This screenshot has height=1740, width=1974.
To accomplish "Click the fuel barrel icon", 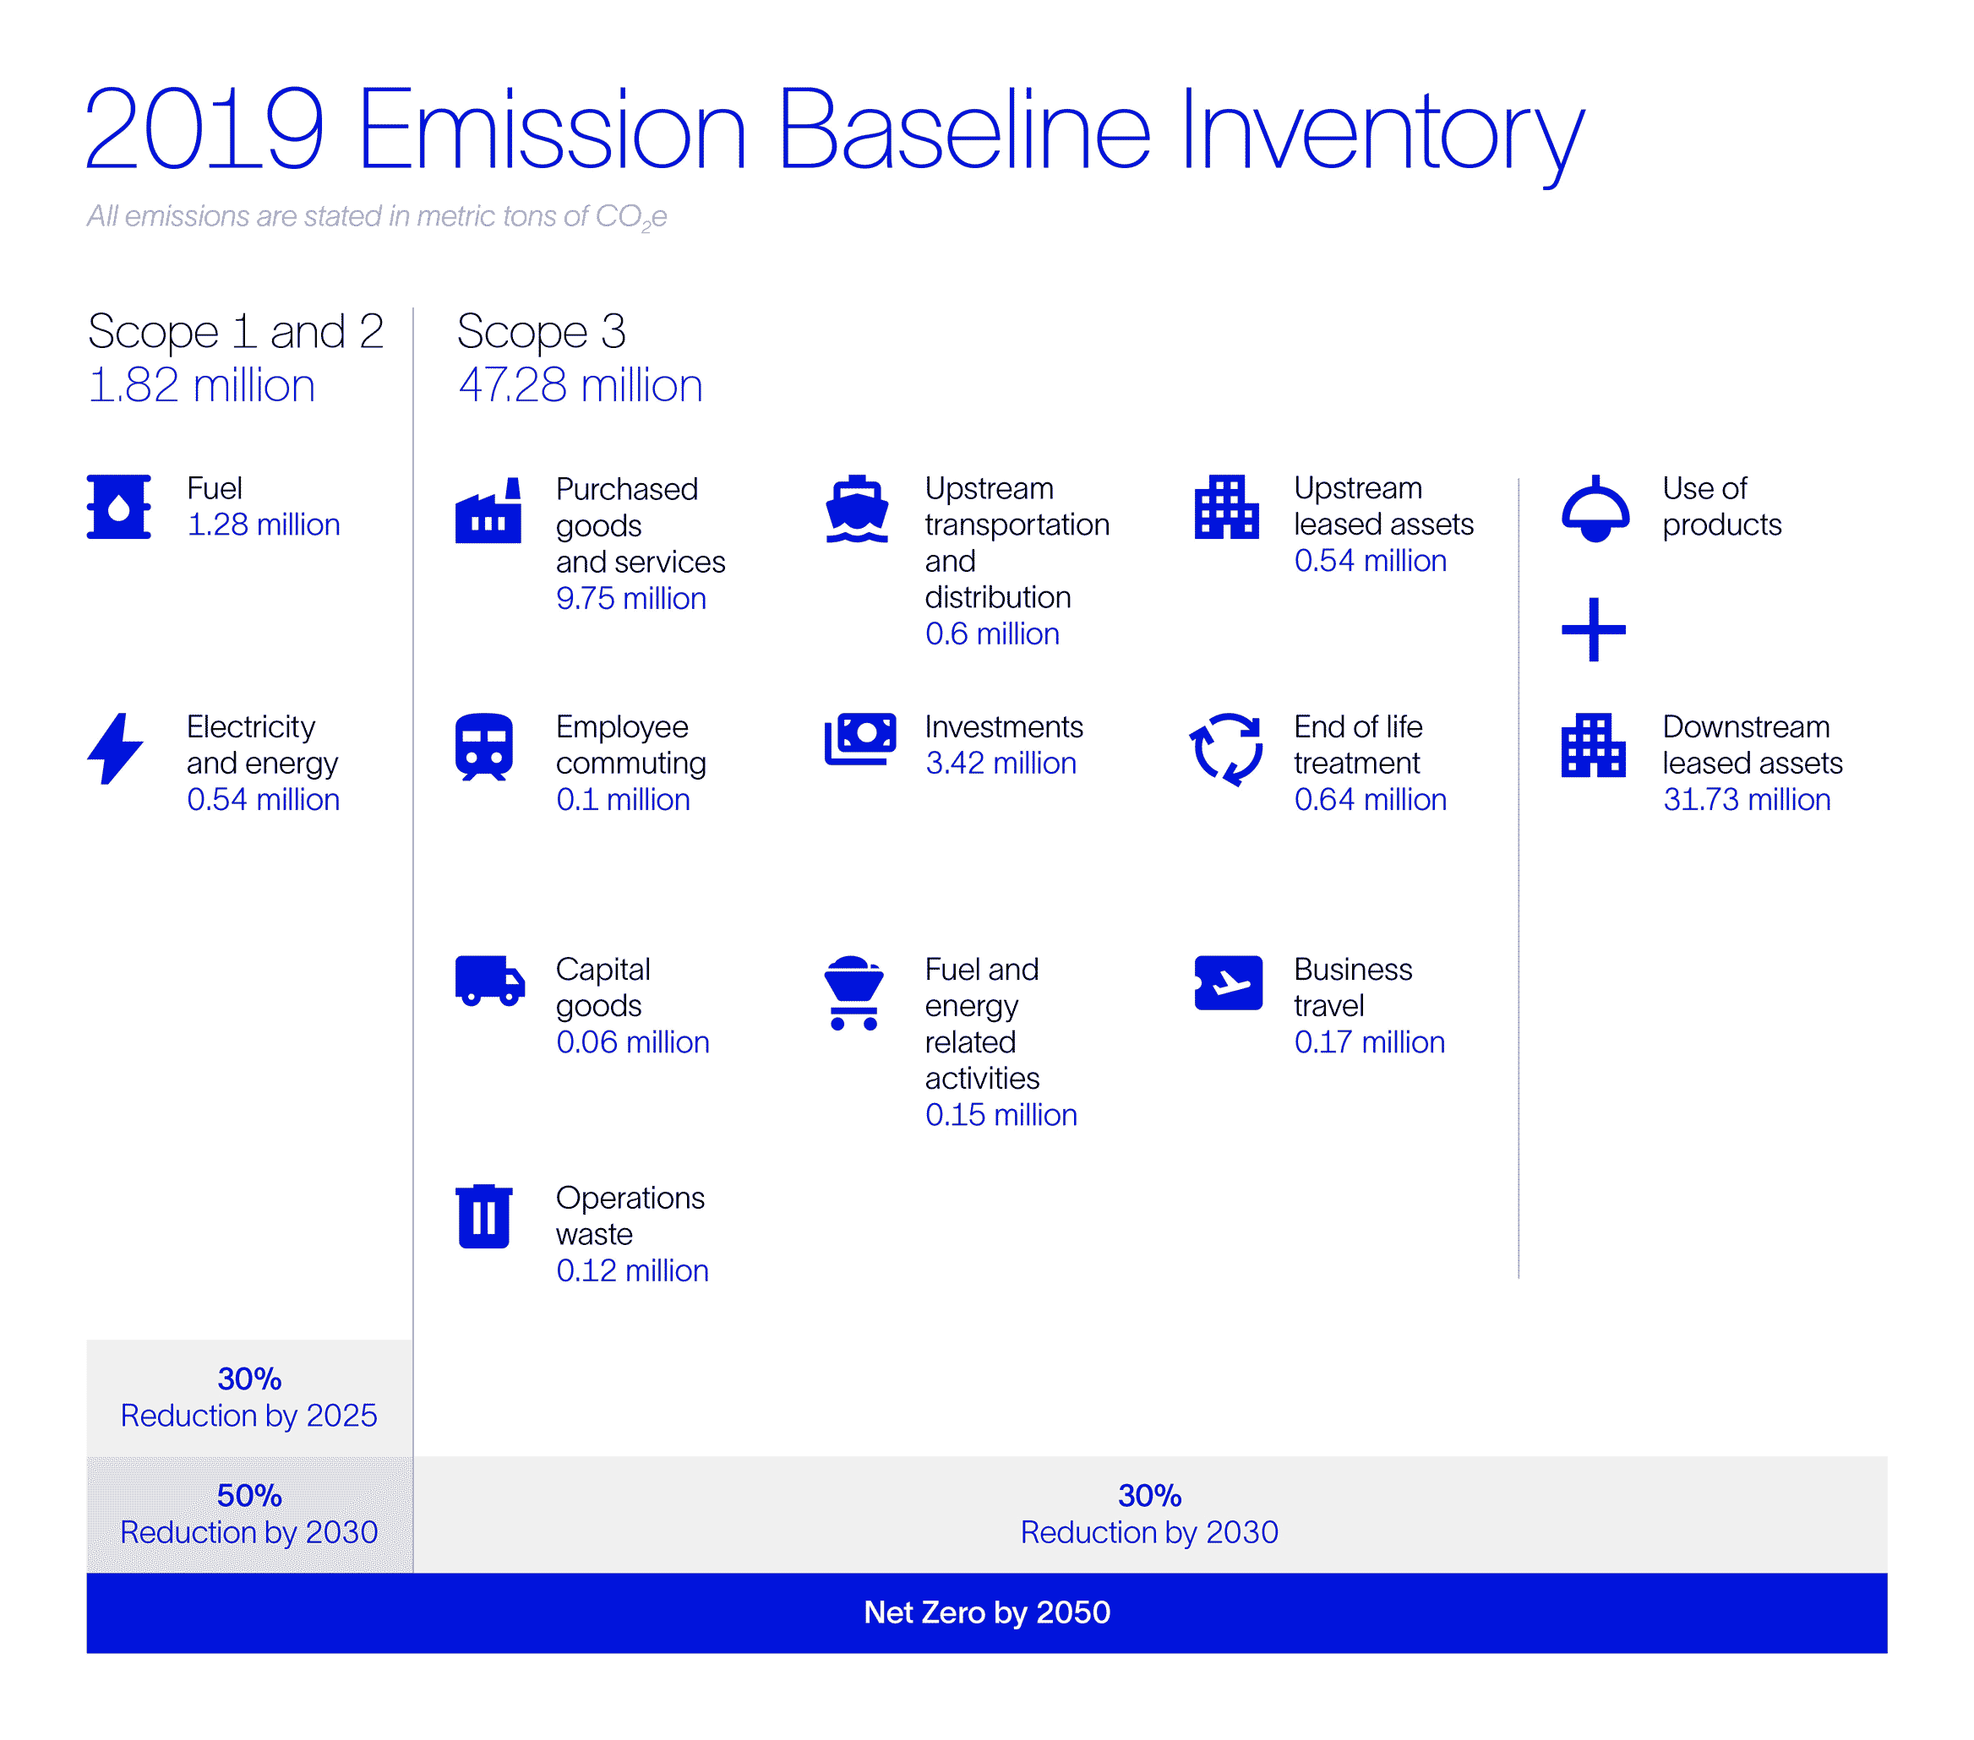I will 119,506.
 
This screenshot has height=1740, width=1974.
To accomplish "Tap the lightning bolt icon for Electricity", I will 115,749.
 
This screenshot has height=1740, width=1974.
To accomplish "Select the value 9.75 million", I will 630,599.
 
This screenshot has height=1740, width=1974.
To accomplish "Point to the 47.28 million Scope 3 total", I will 581,385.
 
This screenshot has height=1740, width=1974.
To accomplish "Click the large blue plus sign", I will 1594,629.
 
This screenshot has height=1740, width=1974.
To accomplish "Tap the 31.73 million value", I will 1746,800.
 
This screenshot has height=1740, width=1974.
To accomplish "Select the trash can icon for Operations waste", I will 484,1216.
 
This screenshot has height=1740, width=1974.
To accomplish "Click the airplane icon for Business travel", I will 1228,983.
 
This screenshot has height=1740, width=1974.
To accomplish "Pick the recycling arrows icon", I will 1225,749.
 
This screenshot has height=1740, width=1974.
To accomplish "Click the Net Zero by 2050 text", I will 986,1612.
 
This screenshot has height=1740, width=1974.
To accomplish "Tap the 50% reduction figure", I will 249,1496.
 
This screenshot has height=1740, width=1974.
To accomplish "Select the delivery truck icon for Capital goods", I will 489,981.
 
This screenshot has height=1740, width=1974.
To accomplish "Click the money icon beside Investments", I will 859,739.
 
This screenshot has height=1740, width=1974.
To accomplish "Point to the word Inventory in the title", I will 1381,130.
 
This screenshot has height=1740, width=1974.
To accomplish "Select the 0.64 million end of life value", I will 1370,800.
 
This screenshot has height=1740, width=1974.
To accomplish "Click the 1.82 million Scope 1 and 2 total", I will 201,385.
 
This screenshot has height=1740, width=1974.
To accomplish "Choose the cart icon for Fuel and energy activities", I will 853,992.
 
